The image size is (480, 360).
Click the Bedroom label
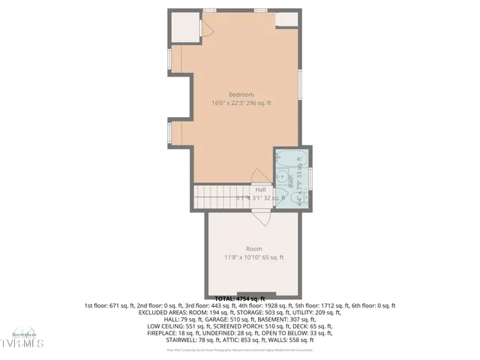(x=241, y=94)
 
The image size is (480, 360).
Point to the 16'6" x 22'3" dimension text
(x=241, y=103)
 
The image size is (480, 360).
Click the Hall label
(x=260, y=190)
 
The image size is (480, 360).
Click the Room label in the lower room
(x=253, y=249)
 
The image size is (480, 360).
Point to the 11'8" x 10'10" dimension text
(x=253, y=258)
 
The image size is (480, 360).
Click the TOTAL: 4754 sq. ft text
(x=240, y=299)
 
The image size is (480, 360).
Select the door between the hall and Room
(x=260, y=216)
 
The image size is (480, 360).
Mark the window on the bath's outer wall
(x=310, y=180)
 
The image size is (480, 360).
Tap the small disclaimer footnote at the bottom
(x=239, y=350)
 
